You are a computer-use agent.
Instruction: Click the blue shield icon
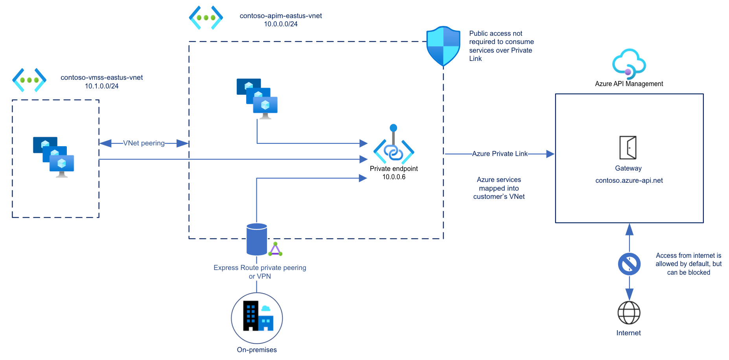[443, 46]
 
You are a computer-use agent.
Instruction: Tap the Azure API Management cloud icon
[629, 64]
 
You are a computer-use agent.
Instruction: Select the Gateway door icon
[628, 147]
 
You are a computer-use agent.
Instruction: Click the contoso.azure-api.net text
[629, 180]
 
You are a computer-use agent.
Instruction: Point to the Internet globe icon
[629, 313]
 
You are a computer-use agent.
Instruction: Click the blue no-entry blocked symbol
[629, 264]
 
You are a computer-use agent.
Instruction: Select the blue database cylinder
[257, 239]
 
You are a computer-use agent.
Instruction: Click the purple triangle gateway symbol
[275, 250]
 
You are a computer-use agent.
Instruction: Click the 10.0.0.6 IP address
[394, 177]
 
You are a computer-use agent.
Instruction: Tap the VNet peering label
[144, 143]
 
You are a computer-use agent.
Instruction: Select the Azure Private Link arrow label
[499, 154]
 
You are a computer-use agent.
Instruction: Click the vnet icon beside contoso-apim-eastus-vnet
[206, 18]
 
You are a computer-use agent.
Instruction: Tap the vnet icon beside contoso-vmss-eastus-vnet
[29, 80]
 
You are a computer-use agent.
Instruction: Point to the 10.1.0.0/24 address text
[101, 86]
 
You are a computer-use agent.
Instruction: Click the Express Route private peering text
[260, 268]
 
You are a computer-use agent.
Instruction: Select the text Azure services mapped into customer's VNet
[499, 188]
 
